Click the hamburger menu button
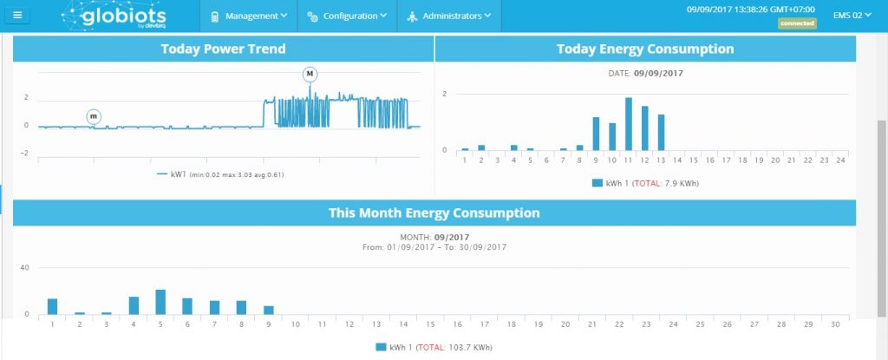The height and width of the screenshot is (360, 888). (18, 16)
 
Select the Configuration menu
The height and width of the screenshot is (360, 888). (347, 16)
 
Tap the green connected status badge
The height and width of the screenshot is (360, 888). (797, 23)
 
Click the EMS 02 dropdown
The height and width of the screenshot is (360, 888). (848, 16)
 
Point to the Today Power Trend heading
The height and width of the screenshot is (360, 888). (223, 49)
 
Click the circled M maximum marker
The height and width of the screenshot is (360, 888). (310, 75)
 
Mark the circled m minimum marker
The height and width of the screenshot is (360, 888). (94, 116)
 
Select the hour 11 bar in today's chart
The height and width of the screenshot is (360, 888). (629, 124)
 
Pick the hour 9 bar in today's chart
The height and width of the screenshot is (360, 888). (596, 134)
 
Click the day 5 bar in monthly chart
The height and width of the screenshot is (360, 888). (160, 302)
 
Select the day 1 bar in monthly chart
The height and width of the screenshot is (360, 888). (53, 306)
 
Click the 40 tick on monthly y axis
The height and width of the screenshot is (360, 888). (25, 267)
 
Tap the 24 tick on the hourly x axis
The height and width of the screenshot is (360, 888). (840, 160)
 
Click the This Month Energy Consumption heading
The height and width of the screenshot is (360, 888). (434, 213)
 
